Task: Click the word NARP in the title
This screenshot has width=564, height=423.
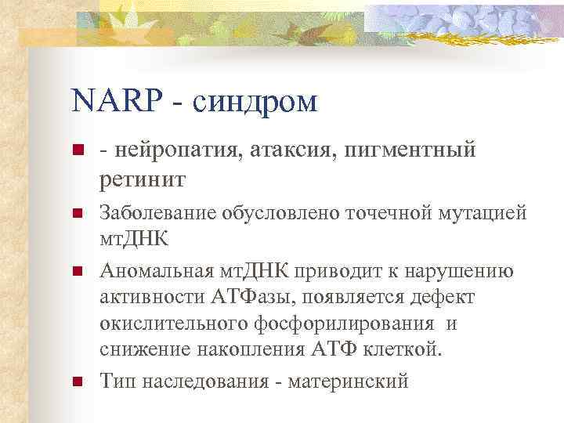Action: (x=118, y=102)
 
